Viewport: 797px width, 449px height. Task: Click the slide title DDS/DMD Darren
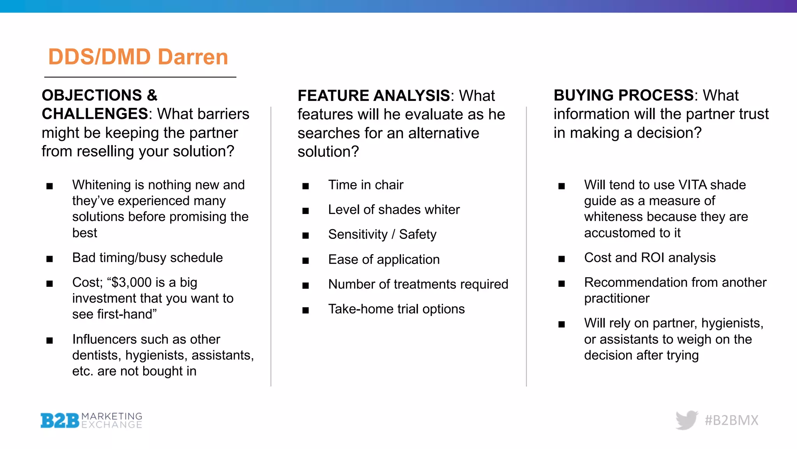(138, 57)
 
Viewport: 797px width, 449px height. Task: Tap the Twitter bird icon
(686, 420)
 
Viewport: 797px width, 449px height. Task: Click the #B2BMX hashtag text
(731, 420)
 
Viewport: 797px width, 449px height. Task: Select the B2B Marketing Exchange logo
(91, 421)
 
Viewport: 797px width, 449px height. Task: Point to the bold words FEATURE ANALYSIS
(374, 95)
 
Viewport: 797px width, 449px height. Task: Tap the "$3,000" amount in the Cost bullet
(132, 282)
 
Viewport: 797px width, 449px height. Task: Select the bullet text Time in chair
(365, 185)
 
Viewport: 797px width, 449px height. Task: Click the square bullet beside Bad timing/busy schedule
(49, 259)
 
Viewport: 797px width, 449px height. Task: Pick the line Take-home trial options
(396, 309)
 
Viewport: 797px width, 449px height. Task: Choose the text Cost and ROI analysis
(650, 258)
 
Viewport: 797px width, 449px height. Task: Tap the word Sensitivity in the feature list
(358, 234)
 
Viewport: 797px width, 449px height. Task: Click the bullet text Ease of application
(384, 260)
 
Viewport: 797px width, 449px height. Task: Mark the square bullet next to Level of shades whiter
(305, 211)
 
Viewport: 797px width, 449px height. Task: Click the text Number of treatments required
(418, 284)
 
